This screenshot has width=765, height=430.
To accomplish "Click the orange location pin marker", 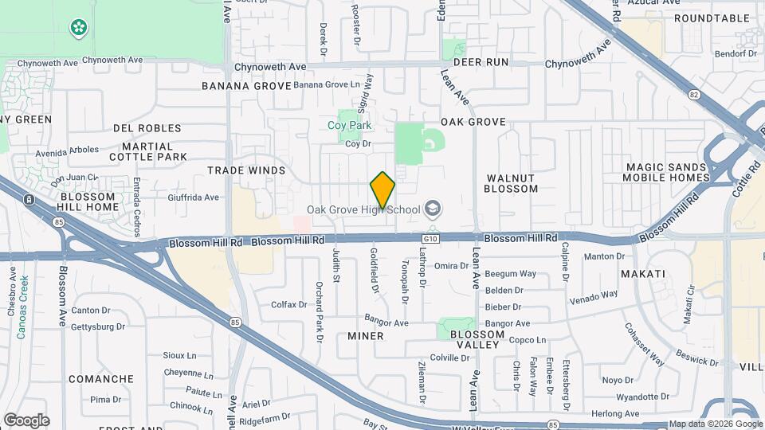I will tap(382, 190).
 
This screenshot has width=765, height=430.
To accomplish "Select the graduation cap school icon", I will tap(433, 209).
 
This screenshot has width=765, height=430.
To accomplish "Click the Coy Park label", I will tap(350, 126).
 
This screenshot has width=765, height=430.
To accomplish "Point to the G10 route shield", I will tap(431, 238).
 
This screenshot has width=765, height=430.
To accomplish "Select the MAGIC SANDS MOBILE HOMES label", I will tap(665, 173).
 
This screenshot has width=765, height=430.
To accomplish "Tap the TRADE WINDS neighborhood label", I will tap(246, 170).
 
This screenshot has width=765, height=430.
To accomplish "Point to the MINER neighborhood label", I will tap(365, 336).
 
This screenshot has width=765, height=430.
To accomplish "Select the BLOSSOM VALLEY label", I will tap(477, 341).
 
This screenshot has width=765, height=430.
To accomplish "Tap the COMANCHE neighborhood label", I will tap(101, 379).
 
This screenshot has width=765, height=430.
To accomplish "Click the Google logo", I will tap(26, 420).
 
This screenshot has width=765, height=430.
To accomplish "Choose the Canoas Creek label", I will tap(22, 307).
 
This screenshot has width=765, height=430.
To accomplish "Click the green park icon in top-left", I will tap(78, 29).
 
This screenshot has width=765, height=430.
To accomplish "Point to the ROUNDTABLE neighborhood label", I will tap(712, 18).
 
